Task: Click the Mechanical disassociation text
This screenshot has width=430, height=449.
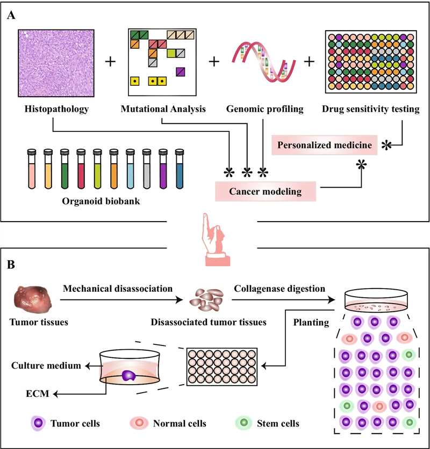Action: pyautogui.click(x=118, y=288)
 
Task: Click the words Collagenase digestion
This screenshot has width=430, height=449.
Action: pyautogui.click(x=279, y=288)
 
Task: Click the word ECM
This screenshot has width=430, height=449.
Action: pyautogui.click(x=35, y=394)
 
